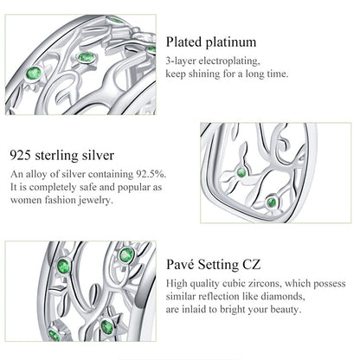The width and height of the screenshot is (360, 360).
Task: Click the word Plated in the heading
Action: coord(183,42)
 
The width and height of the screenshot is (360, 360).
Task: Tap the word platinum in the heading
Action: coord(231,42)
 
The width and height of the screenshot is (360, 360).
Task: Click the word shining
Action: coord(203,74)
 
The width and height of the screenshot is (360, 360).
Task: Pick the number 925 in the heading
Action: coord(21,155)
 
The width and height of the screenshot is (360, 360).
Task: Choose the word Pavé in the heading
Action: coord(181,265)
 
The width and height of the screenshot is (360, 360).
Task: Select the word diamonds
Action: coord(283,297)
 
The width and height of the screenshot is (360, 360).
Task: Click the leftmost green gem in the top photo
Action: coord(34,73)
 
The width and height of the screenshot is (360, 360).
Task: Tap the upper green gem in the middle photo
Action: coord(241,173)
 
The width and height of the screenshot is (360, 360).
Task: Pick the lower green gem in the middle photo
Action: coord(271,202)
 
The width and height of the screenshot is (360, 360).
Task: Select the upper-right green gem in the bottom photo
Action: coord(126,255)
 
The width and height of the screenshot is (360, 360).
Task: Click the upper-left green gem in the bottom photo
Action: coord(63,266)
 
